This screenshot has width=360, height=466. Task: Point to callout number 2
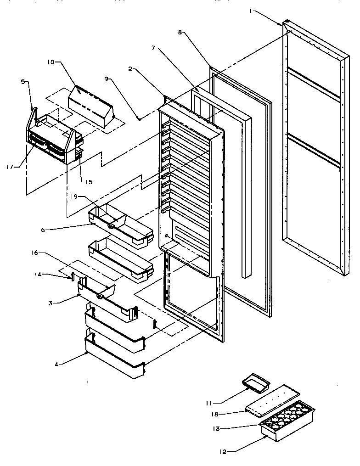click(x=130, y=69)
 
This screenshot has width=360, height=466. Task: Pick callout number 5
click(x=23, y=83)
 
